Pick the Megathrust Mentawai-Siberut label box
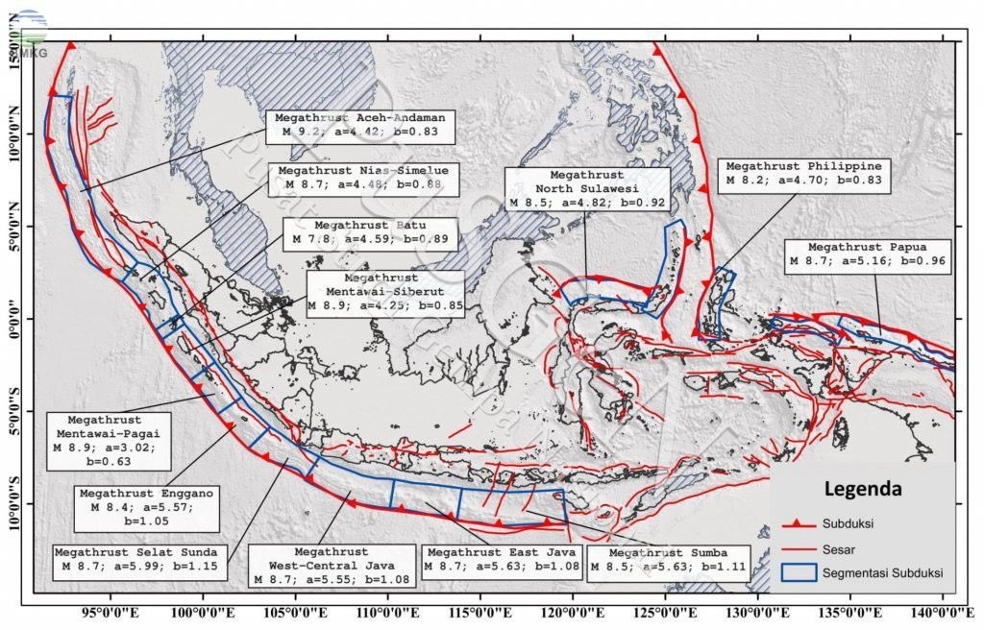(x=384, y=293)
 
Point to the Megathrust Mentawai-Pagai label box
(x=106, y=441)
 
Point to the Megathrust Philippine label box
(x=803, y=173)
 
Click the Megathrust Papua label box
(x=868, y=253)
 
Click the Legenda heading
(x=863, y=489)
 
